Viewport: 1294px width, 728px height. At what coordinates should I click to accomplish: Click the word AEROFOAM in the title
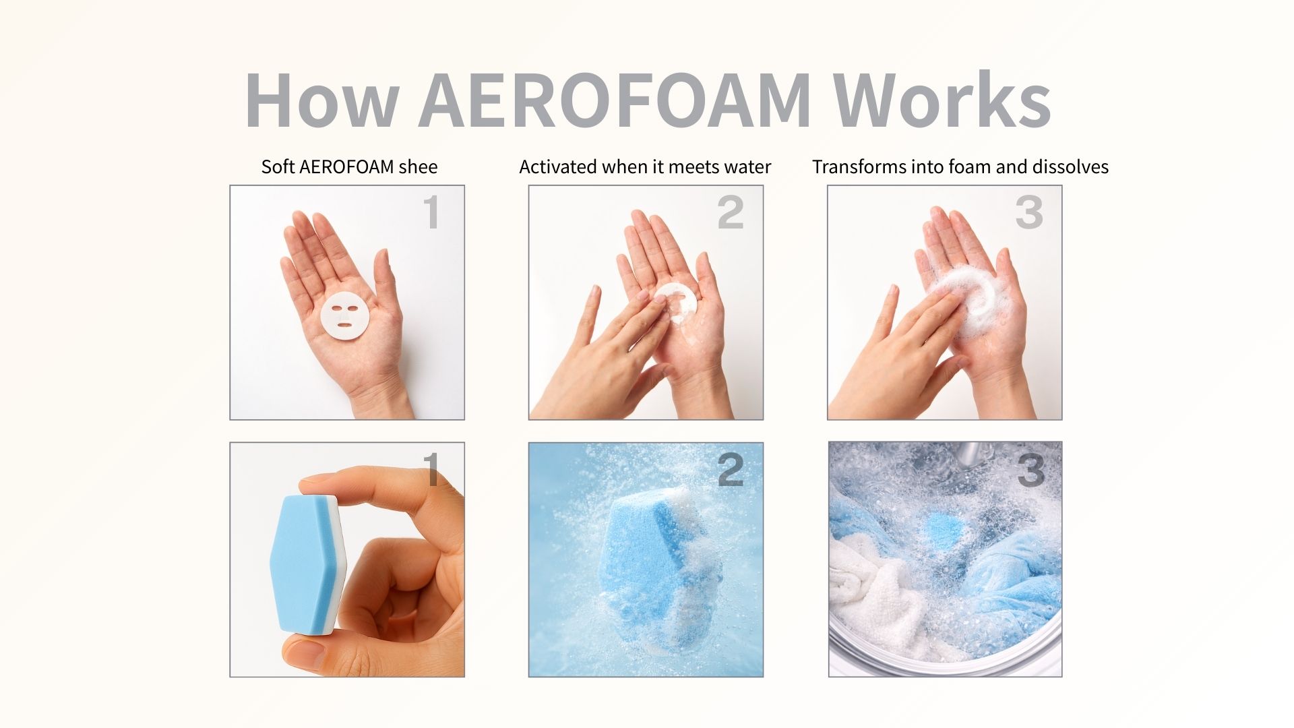coord(614,100)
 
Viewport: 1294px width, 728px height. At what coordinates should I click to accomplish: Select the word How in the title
coord(321,100)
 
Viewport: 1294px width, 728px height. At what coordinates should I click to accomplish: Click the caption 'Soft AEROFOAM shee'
coord(349,166)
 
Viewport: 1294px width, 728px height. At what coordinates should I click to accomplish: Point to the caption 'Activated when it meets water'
coord(645,166)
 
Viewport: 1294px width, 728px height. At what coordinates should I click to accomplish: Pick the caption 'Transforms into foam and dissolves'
coord(960,166)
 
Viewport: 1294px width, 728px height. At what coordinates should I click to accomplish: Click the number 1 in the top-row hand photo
coord(431,212)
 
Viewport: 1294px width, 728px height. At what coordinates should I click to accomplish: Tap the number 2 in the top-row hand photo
coord(731,212)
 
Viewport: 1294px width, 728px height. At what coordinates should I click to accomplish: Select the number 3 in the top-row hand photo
coord(1029,212)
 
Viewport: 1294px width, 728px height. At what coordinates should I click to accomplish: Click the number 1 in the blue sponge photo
coord(431,469)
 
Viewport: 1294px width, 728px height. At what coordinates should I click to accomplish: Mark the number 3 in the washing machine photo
coord(1030,470)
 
